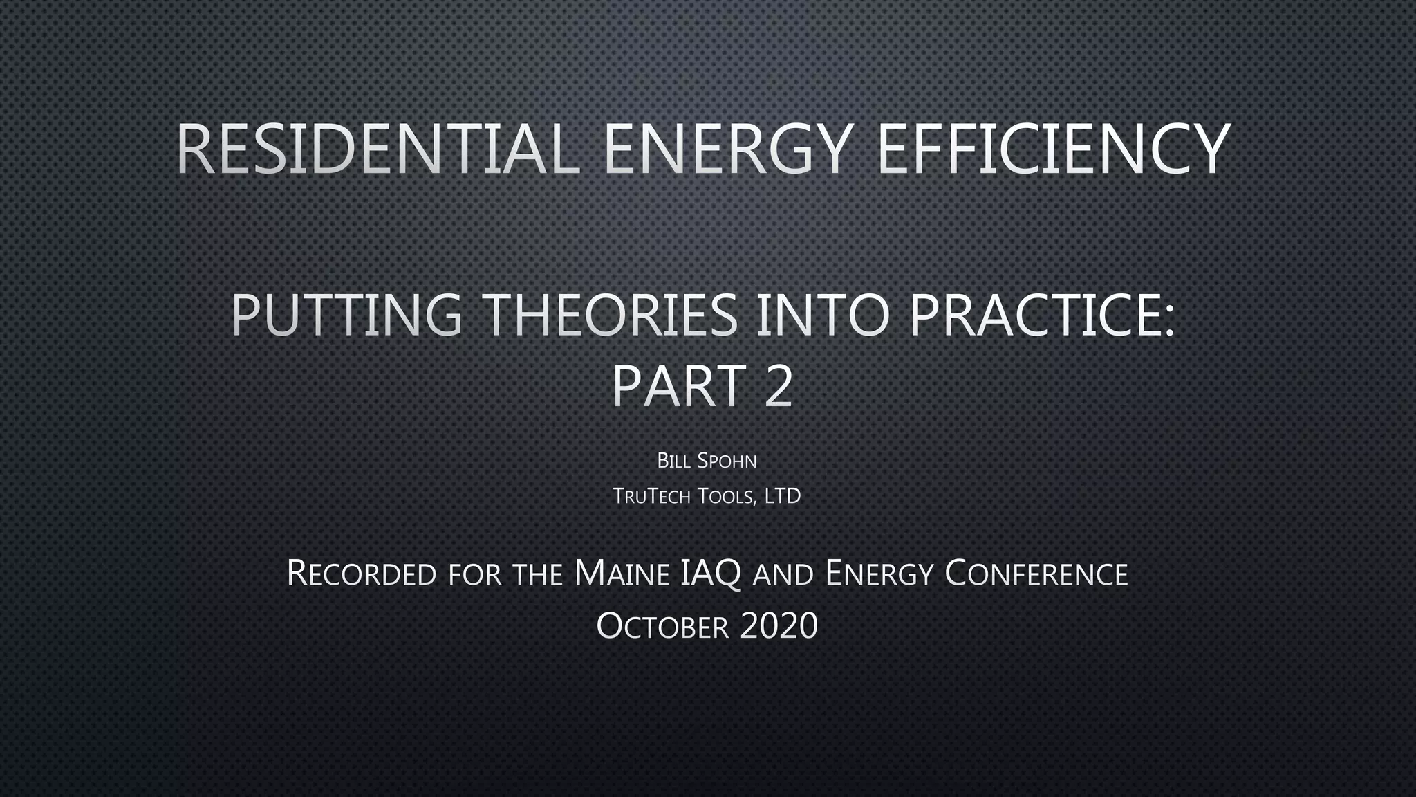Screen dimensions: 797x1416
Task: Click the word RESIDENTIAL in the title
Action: point(378,149)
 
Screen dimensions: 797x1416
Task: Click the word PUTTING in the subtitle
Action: point(346,315)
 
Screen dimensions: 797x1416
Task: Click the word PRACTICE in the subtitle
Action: point(1041,315)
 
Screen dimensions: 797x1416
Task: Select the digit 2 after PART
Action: point(779,386)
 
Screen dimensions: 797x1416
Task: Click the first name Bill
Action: point(672,461)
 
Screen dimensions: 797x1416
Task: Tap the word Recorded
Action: point(361,574)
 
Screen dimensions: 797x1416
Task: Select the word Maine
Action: point(622,574)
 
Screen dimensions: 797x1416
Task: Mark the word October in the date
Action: point(662,626)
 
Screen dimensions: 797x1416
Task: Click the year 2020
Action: point(779,626)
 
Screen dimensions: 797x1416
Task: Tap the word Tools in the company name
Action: point(725,496)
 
